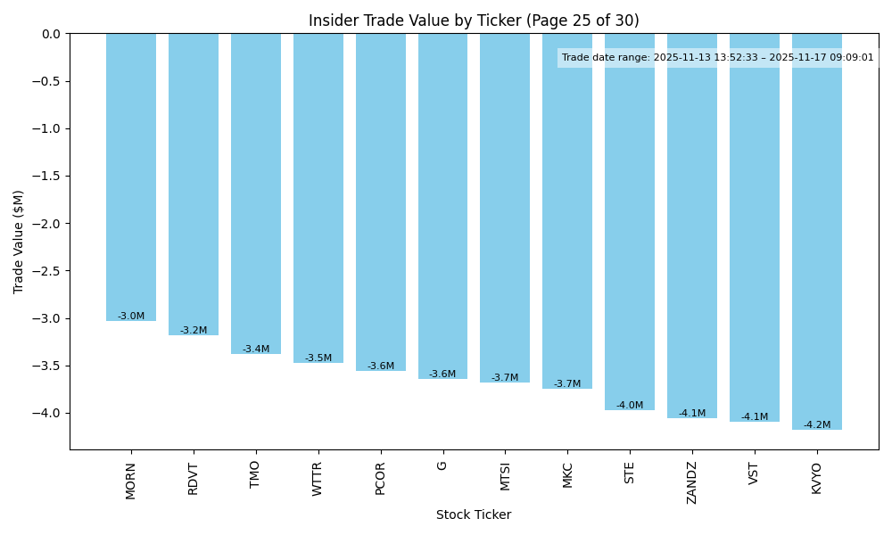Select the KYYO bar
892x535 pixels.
816,232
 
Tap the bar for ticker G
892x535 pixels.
442,206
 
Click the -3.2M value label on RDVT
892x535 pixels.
194,331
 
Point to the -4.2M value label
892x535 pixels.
816,425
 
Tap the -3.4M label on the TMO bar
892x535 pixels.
256,350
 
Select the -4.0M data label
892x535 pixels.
630,406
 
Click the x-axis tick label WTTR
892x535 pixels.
318,479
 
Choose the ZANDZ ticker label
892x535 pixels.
692,482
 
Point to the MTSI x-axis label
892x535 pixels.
506,476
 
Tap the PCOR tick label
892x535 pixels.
381,478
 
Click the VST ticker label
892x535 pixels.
755,473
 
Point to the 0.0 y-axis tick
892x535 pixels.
51,34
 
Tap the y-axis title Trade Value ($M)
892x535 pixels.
19,242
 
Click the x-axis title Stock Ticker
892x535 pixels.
474,514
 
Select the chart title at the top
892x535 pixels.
474,21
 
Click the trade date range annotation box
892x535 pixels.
718,58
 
